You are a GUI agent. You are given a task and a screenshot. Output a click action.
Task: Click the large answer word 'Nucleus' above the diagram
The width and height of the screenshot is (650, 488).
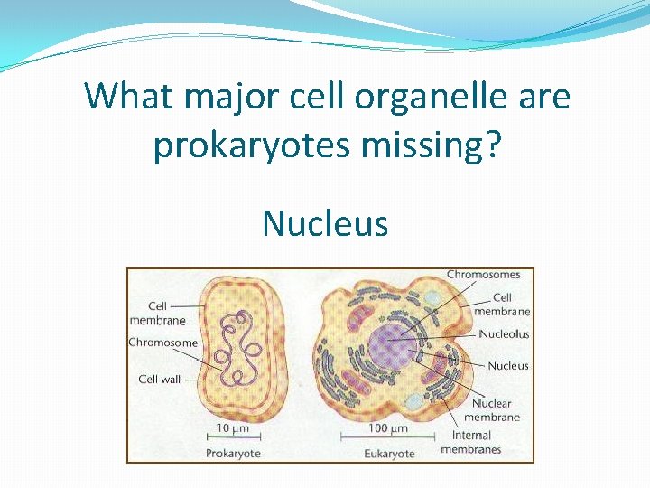[x=325, y=222]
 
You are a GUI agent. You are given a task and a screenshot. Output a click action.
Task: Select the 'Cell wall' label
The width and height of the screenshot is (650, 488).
[x=159, y=380]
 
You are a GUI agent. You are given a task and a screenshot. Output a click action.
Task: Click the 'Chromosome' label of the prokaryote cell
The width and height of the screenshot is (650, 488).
[x=162, y=343]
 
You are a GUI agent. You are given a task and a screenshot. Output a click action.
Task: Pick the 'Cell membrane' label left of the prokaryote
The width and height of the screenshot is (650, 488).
[x=157, y=313]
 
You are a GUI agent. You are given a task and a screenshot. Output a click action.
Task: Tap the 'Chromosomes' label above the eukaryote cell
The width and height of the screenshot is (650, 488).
[x=483, y=275]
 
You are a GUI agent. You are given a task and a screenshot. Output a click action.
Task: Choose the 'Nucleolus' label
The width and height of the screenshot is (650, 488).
[x=504, y=334]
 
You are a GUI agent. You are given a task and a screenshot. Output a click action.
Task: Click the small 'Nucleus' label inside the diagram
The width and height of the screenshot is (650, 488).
[x=508, y=366]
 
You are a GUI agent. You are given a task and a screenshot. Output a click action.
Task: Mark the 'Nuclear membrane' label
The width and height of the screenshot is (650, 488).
[x=492, y=410]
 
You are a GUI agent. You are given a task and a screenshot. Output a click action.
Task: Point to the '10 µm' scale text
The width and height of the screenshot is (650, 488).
[x=233, y=427]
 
